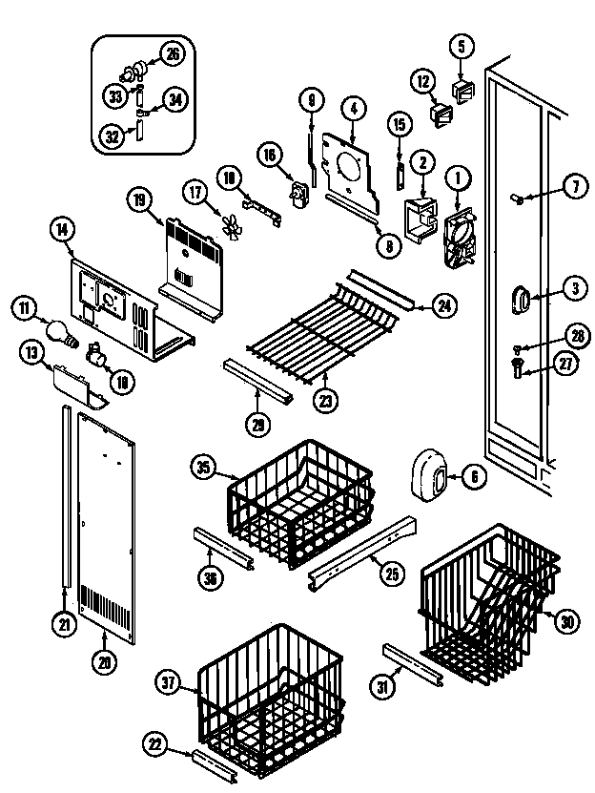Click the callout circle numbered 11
click(x=24, y=307)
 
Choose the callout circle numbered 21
click(x=64, y=625)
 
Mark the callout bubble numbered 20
click(x=104, y=658)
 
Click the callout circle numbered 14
click(x=62, y=228)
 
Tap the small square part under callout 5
click(x=462, y=91)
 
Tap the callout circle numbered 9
click(x=310, y=98)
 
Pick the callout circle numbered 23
click(x=327, y=402)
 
